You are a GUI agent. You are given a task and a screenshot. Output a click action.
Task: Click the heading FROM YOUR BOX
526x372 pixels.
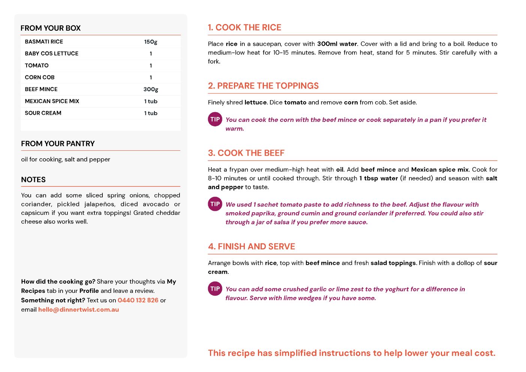click(x=51, y=28)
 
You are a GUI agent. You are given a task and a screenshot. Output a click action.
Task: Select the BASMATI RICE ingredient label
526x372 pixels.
click(x=44, y=42)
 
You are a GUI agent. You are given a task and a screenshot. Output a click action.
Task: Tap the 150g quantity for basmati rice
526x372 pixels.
click(x=151, y=42)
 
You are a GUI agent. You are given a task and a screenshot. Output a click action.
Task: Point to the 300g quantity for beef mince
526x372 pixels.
click(x=151, y=89)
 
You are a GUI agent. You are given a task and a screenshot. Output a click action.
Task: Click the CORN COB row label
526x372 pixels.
click(x=40, y=77)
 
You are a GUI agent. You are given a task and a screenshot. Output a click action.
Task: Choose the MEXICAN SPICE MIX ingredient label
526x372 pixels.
click(x=52, y=101)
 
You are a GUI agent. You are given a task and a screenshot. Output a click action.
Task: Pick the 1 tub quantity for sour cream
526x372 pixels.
click(x=151, y=113)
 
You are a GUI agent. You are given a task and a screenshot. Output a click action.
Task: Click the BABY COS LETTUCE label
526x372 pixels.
click(x=52, y=54)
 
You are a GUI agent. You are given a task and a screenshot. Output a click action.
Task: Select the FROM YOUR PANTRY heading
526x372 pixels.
click(x=58, y=144)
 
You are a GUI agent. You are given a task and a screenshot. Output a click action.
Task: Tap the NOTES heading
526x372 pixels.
click(x=33, y=180)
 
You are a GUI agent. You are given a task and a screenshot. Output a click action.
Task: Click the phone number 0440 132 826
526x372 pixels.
click(x=138, y=300)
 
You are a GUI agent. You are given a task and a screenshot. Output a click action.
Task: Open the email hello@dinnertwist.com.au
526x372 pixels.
click(x=78, y=310)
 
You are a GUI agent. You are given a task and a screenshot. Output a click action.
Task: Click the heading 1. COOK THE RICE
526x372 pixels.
click(x=244, y=27)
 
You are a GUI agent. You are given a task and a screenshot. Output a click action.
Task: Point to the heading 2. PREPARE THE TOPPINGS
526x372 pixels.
click(x=263, y=86)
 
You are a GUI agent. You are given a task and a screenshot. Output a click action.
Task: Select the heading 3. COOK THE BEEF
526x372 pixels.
click(x=246, y=153)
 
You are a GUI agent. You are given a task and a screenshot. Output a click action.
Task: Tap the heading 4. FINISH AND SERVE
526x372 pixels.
click(x=251, y=246)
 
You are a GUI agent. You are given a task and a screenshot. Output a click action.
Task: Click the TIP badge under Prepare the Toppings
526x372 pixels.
click(x=215, y=119)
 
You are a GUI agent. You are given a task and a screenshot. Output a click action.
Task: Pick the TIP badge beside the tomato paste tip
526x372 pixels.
click(x=215, y=204)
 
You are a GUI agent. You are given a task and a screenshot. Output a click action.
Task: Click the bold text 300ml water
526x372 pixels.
click(x=337, y=44)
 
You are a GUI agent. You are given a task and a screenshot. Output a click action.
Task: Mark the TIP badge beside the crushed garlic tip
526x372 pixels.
click(x=215, y=289)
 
